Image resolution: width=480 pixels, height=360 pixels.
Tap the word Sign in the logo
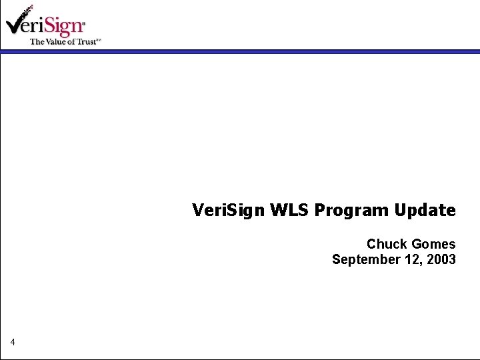pos(65,26)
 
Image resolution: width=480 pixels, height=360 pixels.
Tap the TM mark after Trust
pos(99,40)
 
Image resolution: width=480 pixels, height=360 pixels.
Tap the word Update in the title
pos(425,211)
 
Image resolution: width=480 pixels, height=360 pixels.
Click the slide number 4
pos(13,343)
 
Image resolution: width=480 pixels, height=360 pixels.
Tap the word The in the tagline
pos(37,41)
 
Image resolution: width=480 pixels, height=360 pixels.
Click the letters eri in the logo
pos(39,27)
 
